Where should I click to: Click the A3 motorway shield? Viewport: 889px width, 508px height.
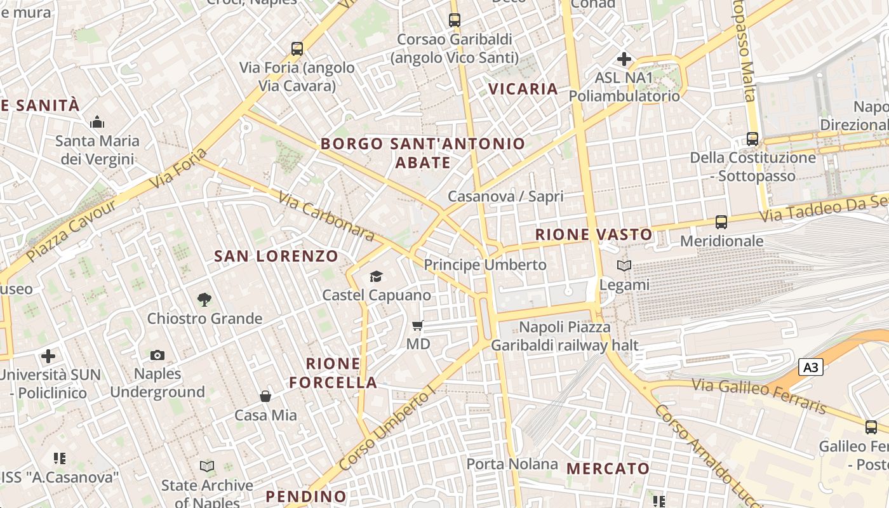[x=810, y=367]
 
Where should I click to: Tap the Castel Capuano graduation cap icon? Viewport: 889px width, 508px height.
[x=377, y=276]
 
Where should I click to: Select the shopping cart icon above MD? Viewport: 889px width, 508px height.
[x=417, y=325]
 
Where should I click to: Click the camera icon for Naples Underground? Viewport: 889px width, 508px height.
[x=157, y=355]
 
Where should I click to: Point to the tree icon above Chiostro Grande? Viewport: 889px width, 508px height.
[x=204, y=299]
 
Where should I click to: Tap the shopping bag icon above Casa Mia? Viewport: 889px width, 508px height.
[x=265, y=396]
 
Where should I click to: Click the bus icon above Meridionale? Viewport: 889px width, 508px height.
[x=721, y=222]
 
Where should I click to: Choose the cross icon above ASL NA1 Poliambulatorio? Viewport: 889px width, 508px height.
[x=624, y=59]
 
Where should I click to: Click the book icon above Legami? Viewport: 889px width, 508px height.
[x=624, y=266]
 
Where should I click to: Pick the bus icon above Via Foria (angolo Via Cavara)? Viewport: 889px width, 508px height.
[x=297, y=48]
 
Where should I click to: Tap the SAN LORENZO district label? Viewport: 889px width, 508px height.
[x=276, y=256]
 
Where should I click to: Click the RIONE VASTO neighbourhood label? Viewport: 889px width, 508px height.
[x=594, y=234]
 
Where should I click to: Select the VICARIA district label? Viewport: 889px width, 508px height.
[x=523, y=89]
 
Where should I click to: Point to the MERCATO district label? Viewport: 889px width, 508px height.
[x=608, y=469]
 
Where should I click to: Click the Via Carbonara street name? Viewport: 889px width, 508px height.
[x=326, y=217]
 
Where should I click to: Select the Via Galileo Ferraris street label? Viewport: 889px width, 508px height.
[x=759, y=395]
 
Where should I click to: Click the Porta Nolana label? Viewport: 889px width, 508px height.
[x=512, y=464]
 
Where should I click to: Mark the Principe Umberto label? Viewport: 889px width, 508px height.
[x=485, y=264]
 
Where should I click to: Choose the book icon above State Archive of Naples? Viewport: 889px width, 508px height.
[x=207, y=467]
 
